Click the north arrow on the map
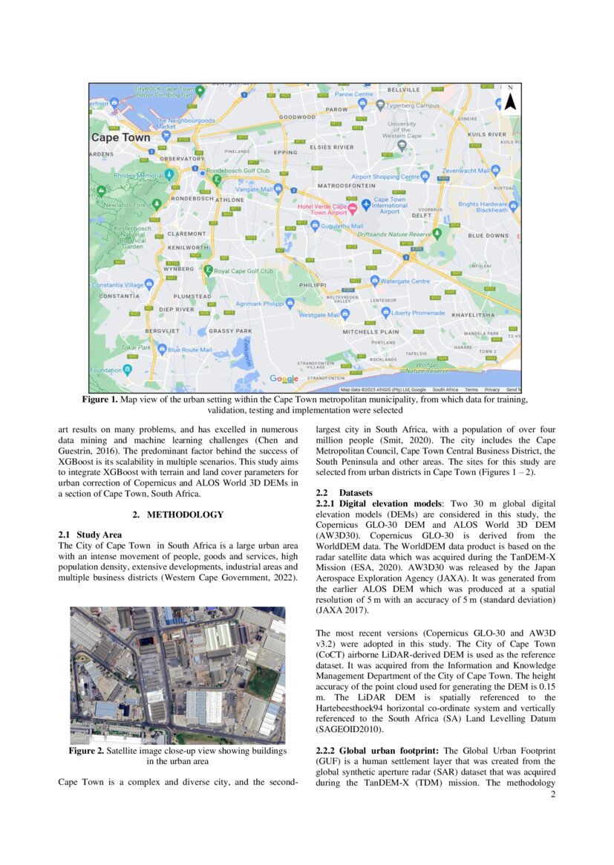tap(509, 98)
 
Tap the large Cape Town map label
tap(120, 137)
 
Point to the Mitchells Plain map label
tap(370, 332)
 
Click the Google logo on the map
tap(284, 379)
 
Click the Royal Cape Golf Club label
tap(244, 271)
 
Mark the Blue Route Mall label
tap(190, 350)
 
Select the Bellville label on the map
tap(404, 89)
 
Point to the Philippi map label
tap(313, 284)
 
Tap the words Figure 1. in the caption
tap(99, 399)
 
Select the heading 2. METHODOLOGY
tap(177, 514)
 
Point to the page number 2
tap(553, 794)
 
